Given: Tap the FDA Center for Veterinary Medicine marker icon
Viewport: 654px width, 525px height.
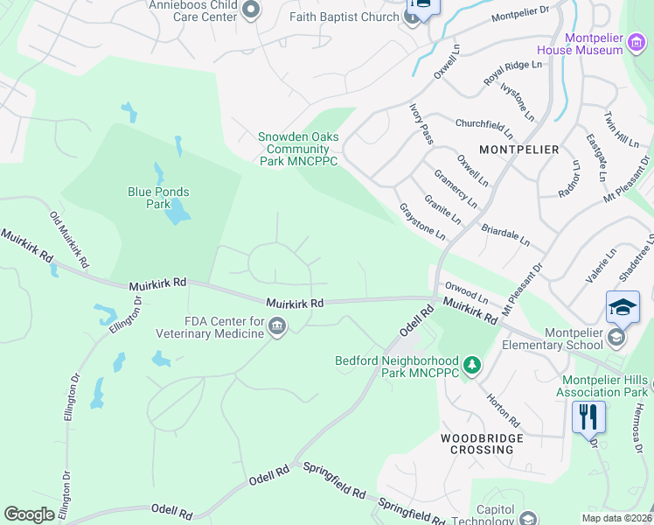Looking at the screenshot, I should [277, 327].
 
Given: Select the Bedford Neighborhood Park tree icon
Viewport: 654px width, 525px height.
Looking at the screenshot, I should [472, 364].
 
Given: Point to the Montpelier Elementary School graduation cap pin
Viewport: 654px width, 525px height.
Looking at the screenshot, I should [623, 307].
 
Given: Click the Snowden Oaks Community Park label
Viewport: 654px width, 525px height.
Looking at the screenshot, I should [297, 149].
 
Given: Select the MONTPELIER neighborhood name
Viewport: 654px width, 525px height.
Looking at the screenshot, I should [519, 150].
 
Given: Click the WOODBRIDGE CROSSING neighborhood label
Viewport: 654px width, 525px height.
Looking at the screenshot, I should [482, 444].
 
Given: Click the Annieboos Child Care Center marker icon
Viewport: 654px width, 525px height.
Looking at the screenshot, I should [251, 10].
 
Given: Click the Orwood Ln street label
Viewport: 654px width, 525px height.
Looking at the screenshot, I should [465, 290].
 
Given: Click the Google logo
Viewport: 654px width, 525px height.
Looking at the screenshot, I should [29, 514].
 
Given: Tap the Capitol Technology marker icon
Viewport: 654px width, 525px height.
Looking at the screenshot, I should [527, 519].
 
